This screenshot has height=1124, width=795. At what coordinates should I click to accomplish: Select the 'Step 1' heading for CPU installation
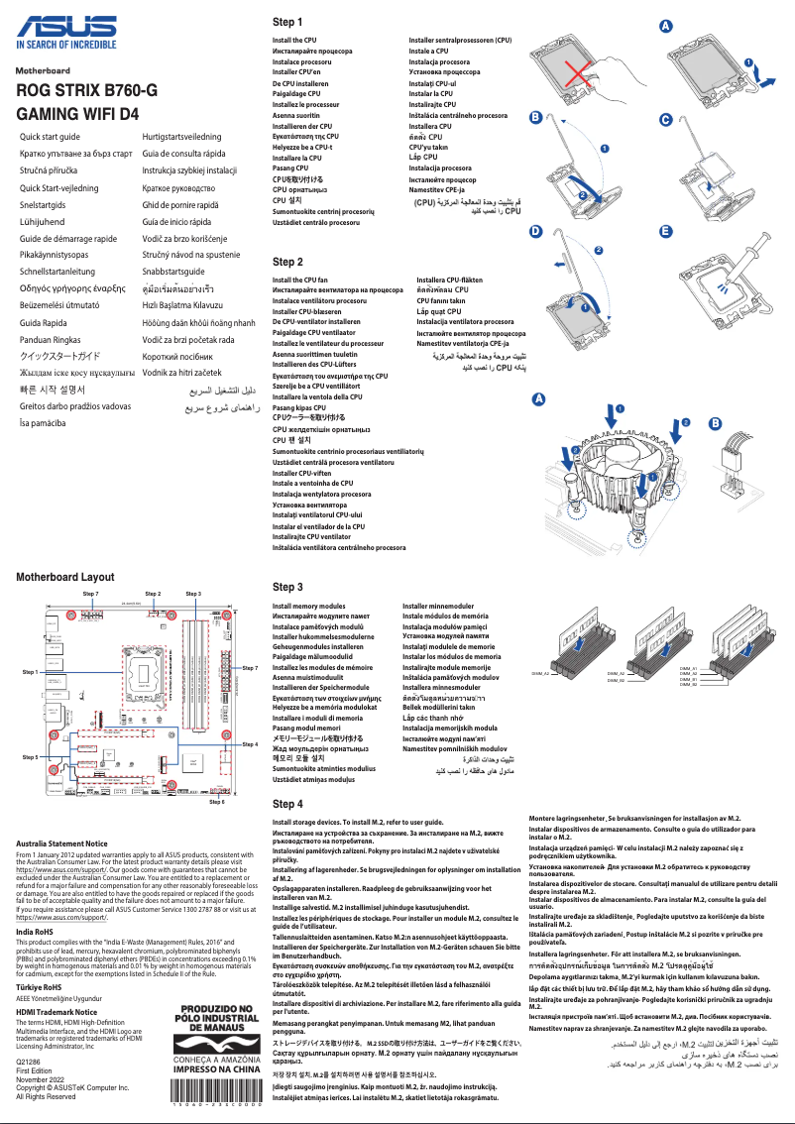click(x=287, y=22)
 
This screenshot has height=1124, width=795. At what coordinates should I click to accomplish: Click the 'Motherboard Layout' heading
click(x=65, y=576)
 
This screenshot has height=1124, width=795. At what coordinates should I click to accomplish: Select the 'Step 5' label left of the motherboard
click(x=30, y=756)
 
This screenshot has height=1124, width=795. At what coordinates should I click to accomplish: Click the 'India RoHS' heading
click(x=36, y=933)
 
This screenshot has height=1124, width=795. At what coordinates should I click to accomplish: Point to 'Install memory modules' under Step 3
click(x=309, y=606)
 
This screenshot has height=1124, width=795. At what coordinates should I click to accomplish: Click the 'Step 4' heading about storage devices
click(x=287, y=804)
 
